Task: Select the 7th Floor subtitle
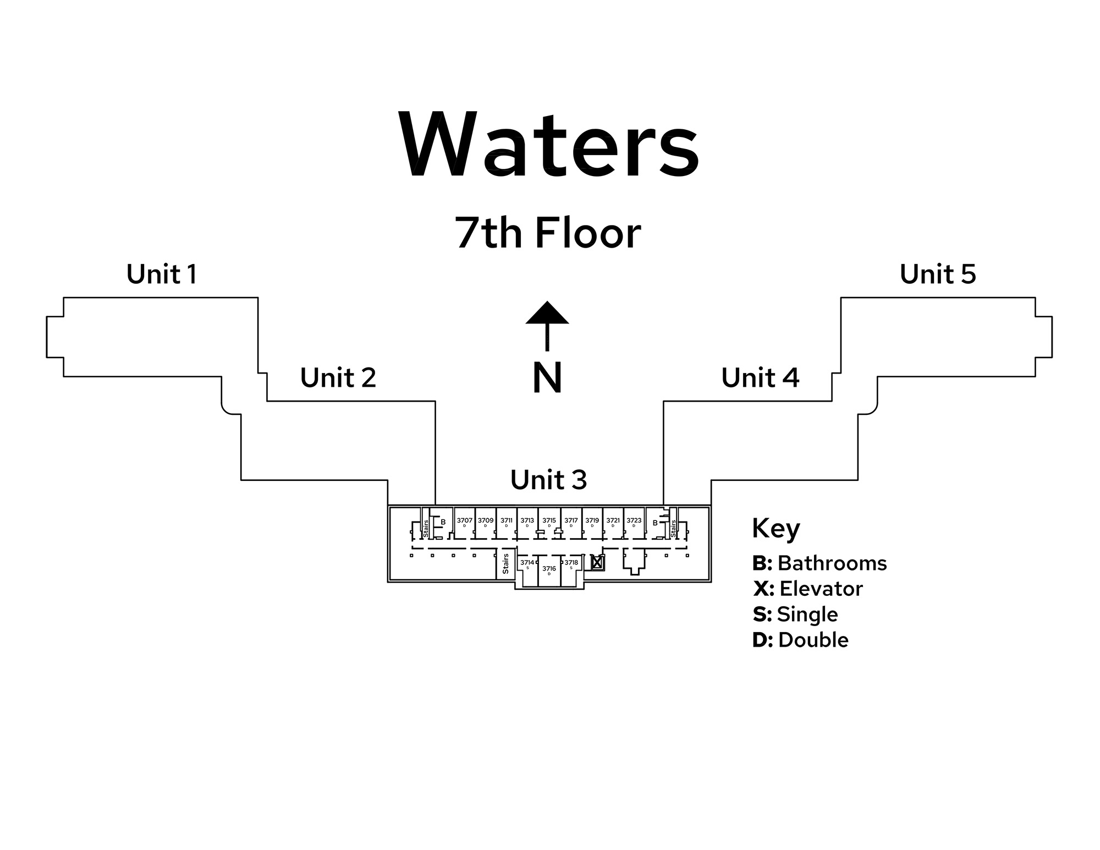[548, 233]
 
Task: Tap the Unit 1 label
[162, 274]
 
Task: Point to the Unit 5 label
[938, 274]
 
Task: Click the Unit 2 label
[338, 377]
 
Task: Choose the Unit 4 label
[760, 377]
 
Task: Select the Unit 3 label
[548, 480]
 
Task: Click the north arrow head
[547, 313]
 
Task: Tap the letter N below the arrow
[547, 378]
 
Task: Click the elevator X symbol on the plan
[597, 563]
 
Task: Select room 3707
[465, 521]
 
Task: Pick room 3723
[634, 521]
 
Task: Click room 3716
[549, 569]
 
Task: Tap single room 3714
[527, 563]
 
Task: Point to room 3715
[549, 521]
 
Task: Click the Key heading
[776, 529]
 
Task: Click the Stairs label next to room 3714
[505, 564]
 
